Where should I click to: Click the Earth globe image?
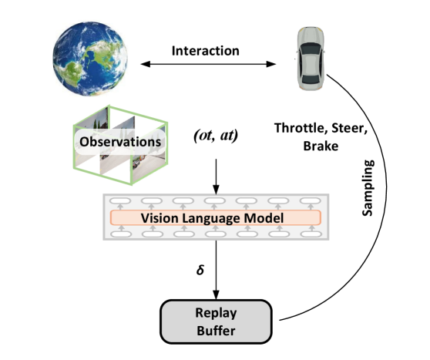(90, 58)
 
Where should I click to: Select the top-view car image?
(311, 59)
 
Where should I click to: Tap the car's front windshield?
(311, 47)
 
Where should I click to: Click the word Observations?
(120, 142)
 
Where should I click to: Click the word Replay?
(216, 313)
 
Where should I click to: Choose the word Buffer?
(216, 331)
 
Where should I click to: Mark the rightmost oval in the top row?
(310, 201)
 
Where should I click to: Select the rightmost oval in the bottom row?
(310, 234)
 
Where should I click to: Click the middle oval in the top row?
(215, 201)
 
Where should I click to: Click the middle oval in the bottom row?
(215, 234)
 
